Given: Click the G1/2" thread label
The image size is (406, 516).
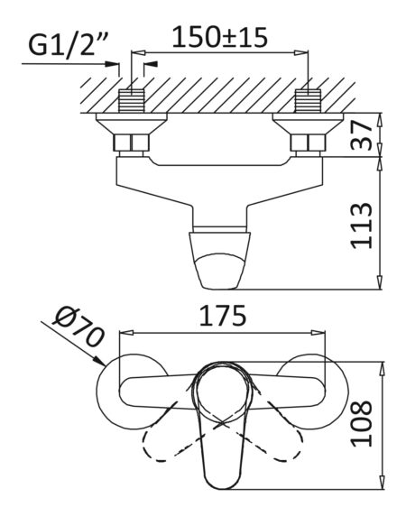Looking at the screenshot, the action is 68,44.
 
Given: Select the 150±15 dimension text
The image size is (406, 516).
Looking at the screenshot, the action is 220,37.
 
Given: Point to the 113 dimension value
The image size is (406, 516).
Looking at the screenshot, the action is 362,226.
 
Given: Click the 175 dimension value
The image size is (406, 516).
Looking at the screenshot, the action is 223,316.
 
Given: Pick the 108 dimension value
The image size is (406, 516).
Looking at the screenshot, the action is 362,423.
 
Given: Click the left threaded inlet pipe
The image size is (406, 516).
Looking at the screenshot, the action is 132,101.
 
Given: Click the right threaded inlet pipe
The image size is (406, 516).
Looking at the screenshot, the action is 309,101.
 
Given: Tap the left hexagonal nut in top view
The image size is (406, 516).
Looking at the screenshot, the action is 132,143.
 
